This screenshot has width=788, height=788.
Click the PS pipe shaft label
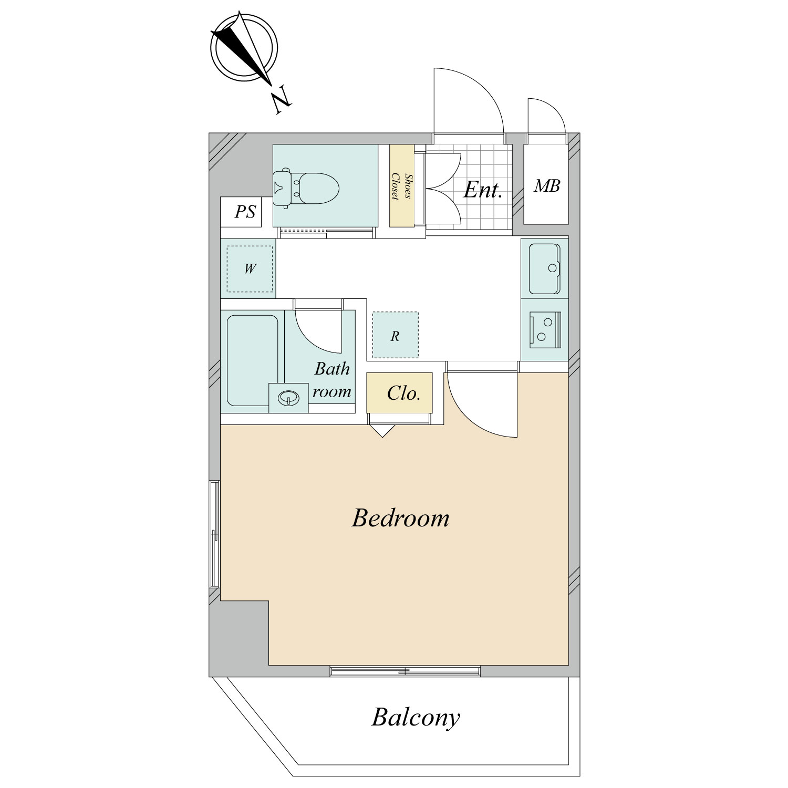point(245,212)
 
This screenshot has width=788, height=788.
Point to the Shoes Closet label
point(402,186)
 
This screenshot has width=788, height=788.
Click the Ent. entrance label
point(483,190)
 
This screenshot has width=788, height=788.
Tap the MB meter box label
point(547,185)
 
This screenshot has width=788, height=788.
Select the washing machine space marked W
point(250,269)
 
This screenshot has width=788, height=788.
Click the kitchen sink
point(545,268)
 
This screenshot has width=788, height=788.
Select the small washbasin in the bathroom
point(288,398)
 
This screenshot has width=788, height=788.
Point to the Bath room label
point(332,380)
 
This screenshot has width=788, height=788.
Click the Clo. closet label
point(403,393)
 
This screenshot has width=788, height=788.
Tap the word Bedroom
point(400,519)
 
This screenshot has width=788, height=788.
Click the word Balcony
point(415,718)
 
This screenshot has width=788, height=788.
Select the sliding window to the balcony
point(405,671)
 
